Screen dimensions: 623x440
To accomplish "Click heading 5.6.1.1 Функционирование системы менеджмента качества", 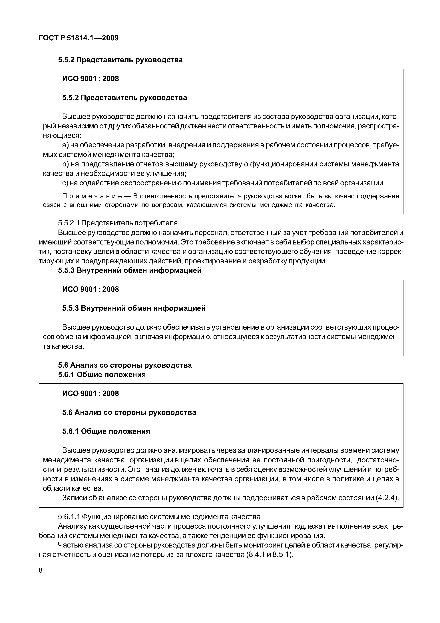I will pos(159,516).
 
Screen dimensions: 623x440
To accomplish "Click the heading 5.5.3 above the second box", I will pos(130,270).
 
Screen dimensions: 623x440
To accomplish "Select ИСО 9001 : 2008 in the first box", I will pos(91,79).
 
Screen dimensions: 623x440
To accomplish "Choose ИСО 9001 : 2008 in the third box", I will pos(91,393).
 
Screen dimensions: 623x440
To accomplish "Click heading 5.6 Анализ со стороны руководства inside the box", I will pos(129,412).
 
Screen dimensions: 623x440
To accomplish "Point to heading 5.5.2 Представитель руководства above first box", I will pos(120,60).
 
